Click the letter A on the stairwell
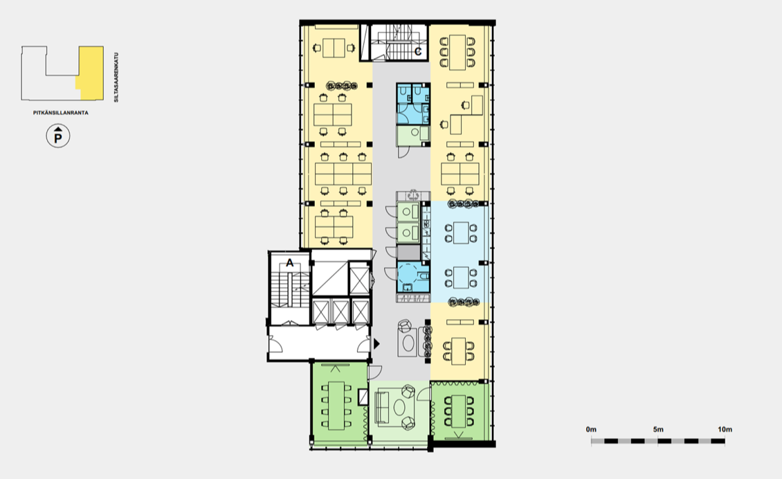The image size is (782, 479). (290, 262)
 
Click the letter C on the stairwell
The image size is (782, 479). (418, 51)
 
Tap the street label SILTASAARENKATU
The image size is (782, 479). (116, 78)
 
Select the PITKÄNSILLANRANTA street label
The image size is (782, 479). (61, 113)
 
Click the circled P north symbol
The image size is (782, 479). (58, 136)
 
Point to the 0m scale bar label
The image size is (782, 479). (591, 430)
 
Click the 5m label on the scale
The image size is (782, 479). (658, 430)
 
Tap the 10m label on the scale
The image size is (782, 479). (725, 430)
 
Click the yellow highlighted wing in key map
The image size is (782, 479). (91, 73)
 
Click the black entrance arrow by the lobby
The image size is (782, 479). (376, 344)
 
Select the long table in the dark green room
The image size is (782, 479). (336, 406)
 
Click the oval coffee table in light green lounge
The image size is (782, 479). (399, 408)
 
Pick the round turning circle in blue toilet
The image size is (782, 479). (408, 274)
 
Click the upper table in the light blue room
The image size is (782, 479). (461, 233)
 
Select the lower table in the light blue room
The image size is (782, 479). (461, 278)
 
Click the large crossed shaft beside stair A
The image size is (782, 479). (329, 278)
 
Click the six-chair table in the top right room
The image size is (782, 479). (457, 53)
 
